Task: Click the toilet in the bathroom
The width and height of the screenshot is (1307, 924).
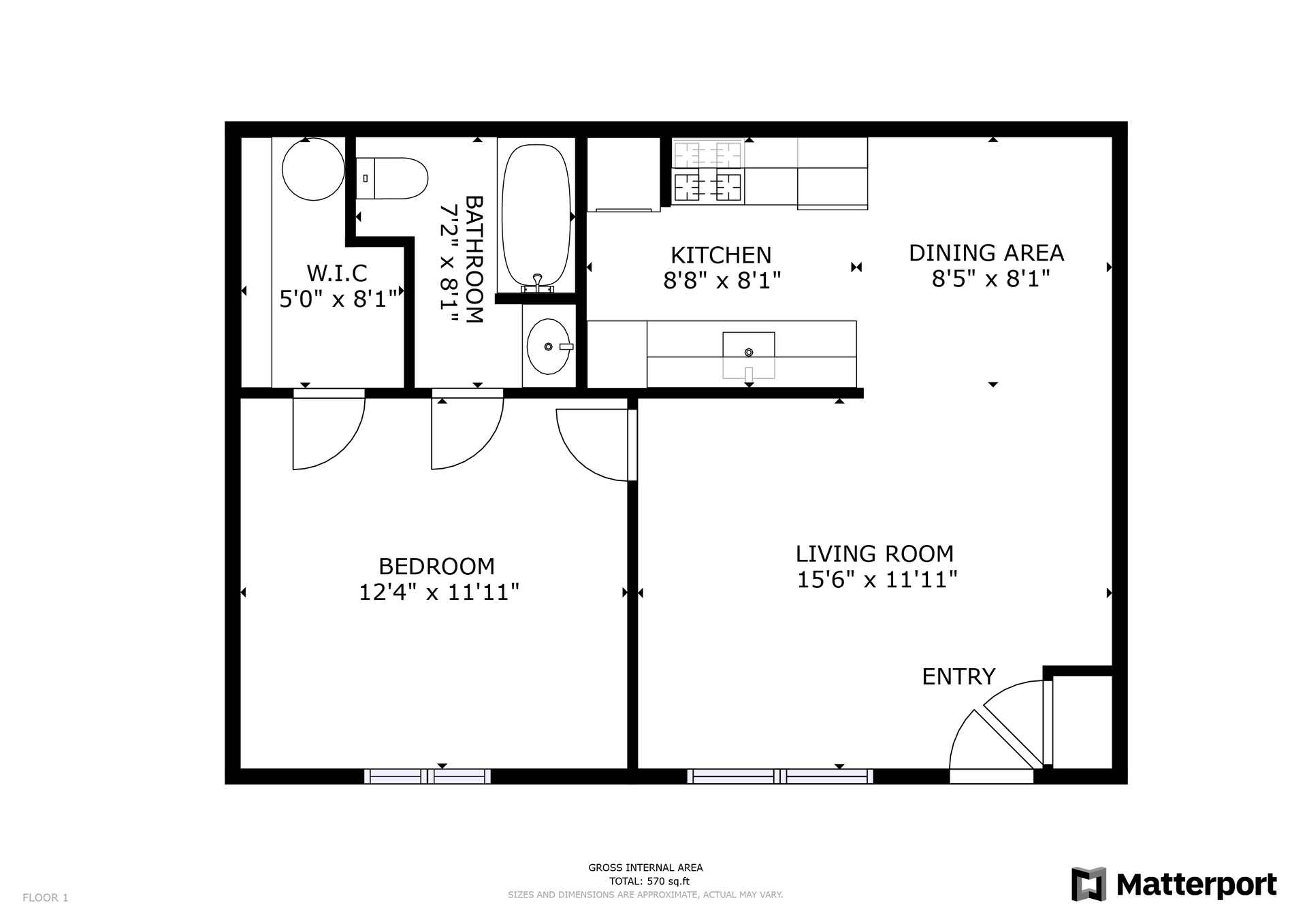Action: click(x=391, y=178)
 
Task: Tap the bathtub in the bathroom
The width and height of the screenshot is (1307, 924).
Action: click(x=536, y=215)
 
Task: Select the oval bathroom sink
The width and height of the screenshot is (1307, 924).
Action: click(x=549, y=346)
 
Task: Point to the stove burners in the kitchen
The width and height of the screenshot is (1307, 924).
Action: click(x=708, y=171)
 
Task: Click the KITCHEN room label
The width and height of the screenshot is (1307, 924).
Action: click(x=721, y=255)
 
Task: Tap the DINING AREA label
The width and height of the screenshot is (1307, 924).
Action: click(x=986, y=253)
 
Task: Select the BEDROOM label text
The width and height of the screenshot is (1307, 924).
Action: click(x=436, y=566)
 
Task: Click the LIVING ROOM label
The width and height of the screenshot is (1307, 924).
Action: click(x=875, y=554)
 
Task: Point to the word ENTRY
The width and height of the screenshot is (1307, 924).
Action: click(x=958, y=676)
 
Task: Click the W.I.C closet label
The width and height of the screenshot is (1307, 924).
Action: click(x=337, y=274)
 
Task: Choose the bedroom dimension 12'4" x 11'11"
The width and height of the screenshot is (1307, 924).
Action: click(x=439, y=592)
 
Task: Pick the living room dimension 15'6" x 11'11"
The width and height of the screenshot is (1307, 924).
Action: click(x=877, y=580)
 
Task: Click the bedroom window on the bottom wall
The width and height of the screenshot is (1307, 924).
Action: click(x=427, y=776)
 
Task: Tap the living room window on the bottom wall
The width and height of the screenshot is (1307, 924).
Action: click(x=780, y=776)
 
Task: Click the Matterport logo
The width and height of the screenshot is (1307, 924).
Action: click(x=1174, y=885)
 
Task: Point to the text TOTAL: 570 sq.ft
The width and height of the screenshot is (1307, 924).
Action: click(x=645, y=881)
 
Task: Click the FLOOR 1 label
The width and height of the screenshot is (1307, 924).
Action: click(x=46, y=897)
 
